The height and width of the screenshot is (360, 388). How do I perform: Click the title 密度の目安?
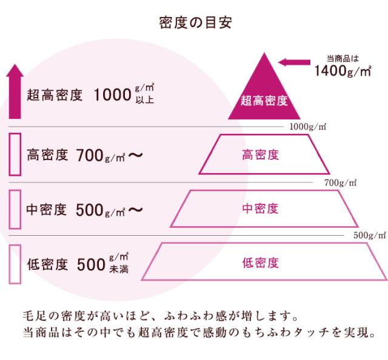(195, 22)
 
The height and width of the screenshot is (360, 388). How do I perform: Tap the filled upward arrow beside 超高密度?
(15, 92)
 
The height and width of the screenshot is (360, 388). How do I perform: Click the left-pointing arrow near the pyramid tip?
(294, 62)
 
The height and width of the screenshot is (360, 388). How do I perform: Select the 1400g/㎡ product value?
(343, 71)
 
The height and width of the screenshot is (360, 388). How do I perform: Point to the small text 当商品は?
(343, 59)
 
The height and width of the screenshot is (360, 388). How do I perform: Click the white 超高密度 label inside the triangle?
(264, 101)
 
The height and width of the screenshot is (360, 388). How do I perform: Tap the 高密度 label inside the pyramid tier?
(260, 155)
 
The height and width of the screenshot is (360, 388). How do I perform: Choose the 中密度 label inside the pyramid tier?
(260, 208)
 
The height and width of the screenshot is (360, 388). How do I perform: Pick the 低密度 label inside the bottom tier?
(260, 263)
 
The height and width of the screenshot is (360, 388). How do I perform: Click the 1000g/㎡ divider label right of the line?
(308, 127)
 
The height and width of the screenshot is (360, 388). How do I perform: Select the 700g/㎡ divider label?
(341, 183)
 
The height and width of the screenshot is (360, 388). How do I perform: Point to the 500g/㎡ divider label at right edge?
(369, 235)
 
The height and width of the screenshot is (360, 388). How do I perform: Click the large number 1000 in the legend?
(113, 95)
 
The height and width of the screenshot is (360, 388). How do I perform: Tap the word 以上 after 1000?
(145, 100)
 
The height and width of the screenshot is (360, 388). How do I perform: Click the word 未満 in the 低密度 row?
(119, 269)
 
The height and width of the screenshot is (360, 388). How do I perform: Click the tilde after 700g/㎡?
(136, 155)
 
